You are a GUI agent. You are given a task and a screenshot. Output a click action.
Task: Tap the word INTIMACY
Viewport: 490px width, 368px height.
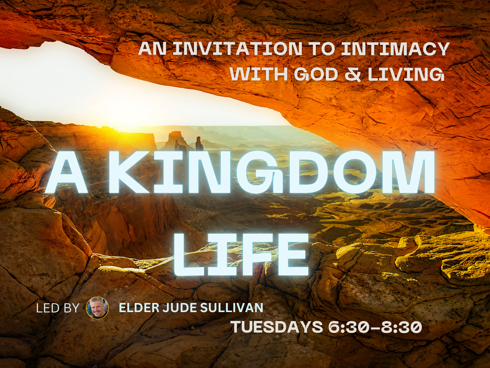click(x=396, y=49)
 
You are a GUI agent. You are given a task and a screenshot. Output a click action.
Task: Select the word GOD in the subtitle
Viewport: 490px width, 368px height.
click(x=316, y=74)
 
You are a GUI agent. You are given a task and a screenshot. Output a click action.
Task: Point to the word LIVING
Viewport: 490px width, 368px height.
click(x=406, y=74)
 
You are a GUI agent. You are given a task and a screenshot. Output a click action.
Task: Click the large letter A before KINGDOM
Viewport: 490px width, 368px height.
click(x=67, y=172)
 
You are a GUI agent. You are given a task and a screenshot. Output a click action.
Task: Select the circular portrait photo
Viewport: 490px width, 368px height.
click(x=97, y=308)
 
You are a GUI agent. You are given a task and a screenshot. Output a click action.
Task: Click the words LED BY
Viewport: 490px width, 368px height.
click(x=58, y=308)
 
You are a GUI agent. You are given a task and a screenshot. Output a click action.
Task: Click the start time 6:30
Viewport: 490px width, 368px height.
click(x=348, y=327)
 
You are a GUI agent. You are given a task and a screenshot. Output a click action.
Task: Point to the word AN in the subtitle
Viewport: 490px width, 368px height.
click(x=152, y=49)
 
